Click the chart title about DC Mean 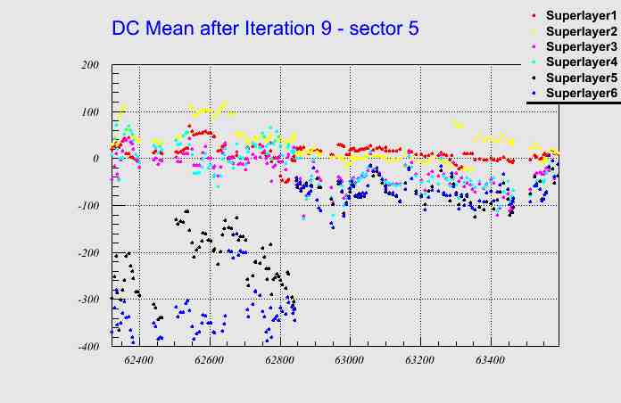(265, 28)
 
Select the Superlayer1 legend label (580, 16)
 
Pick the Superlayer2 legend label (580, 31)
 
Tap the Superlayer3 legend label (580, 46)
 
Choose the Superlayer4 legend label (580, 62)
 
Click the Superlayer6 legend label (580, 93)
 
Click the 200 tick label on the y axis (89, 65)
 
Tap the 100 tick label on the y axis (89, 112)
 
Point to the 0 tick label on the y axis (95, 159)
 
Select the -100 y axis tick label (87, 206)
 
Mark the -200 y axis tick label (87, 253)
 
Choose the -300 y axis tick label (87, 300)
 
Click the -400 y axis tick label (87, 347)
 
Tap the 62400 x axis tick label (139, 360)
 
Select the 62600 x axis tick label (210, 360)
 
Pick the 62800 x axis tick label (279, 360)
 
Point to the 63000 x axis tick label (350, 360)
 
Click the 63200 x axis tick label (419, 360)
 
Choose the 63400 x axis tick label (490, 360)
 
